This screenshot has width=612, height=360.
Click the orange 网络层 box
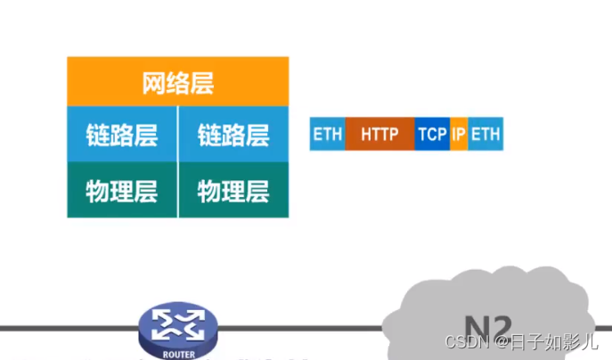178,82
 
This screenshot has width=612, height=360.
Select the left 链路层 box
122,135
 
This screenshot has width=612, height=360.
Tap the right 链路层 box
233,135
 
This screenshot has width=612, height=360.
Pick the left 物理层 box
122,190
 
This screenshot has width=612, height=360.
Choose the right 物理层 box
233,190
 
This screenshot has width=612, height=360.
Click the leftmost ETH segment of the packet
327,135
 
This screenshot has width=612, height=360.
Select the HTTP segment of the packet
379,135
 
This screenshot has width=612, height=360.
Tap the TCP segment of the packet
432,135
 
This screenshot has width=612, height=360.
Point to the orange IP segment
459,135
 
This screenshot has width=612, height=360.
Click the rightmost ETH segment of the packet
486,135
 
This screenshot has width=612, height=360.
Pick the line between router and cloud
294,327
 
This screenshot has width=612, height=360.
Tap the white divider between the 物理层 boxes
178,190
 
